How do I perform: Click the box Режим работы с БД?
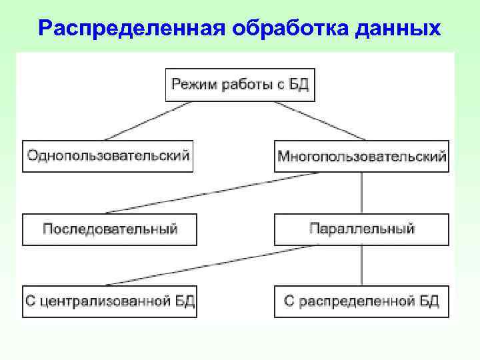[239, 85]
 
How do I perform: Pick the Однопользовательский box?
[108, 156]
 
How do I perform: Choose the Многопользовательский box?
[361, 156]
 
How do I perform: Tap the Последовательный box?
[110, 229]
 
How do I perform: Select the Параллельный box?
[361, 229]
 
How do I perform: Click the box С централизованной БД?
[110, 301]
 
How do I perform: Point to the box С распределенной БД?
[361, 301]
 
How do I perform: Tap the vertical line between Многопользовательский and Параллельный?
[362, 193]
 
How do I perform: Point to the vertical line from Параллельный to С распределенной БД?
[362, 265]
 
